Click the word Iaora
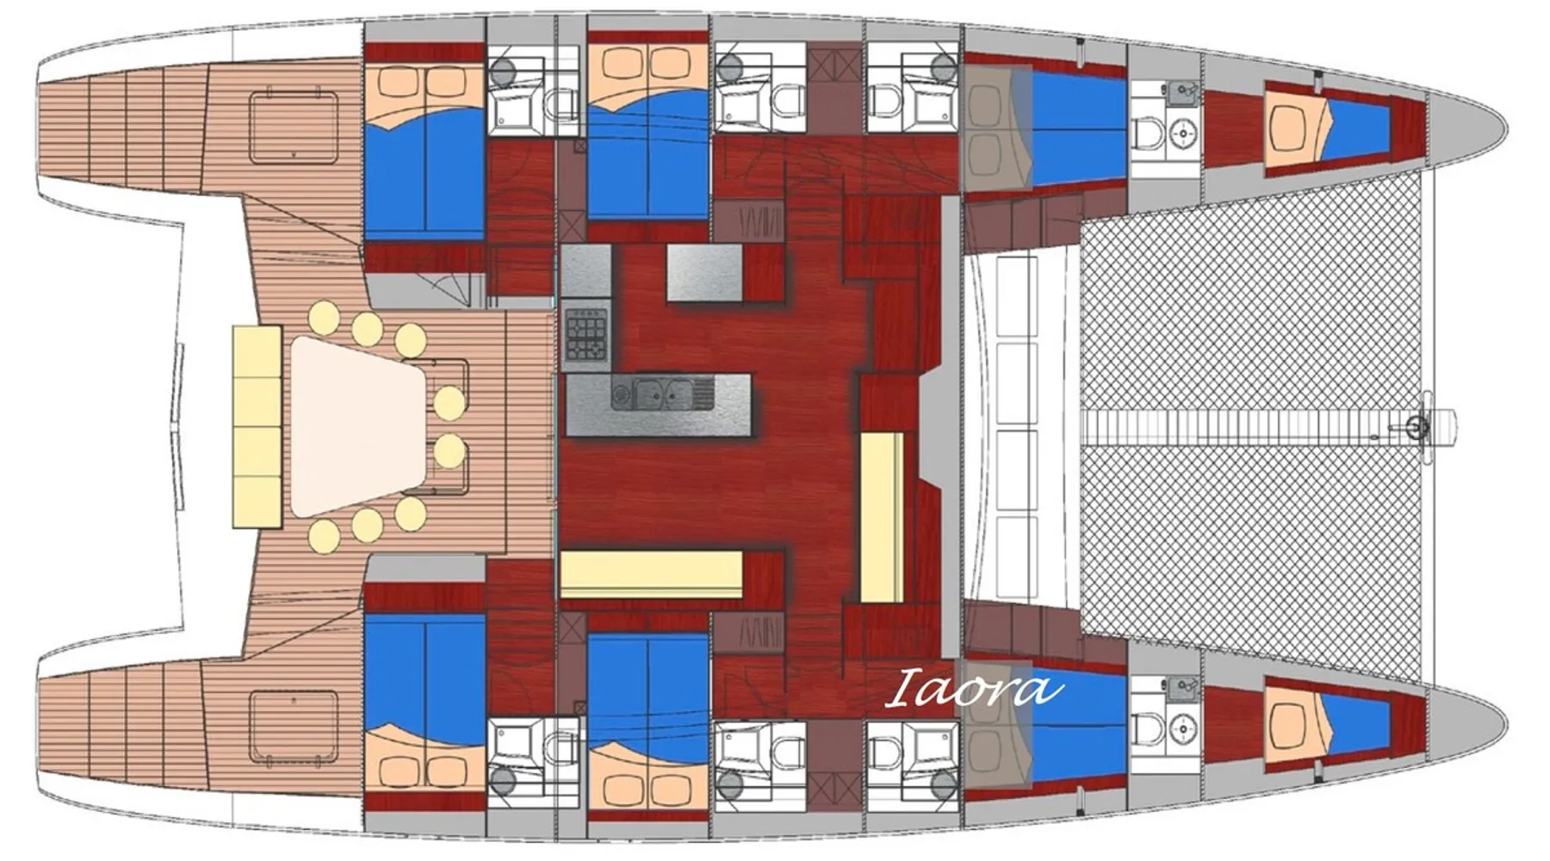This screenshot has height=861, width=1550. tap(973, 689)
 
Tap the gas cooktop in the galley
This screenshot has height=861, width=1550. tap(586, 334)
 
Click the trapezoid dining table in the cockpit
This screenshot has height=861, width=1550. tap(359, 426)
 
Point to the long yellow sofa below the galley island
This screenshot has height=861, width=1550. tap(651, 574)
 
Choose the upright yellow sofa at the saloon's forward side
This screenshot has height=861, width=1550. tap(882, 517)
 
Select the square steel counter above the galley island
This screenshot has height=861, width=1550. tap(704, 273)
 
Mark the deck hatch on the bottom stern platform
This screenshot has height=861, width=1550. tap(294, 728)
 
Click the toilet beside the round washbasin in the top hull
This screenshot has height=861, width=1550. tap(1146, 134)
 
